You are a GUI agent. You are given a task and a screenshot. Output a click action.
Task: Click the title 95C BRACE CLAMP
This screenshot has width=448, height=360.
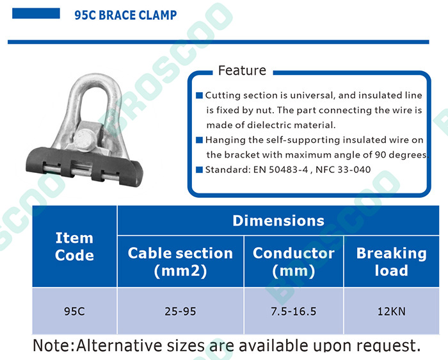click(125, 15)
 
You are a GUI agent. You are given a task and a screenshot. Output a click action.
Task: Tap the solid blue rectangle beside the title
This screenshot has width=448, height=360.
click(36, 13)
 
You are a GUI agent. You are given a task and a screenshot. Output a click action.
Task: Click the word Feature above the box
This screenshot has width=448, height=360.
click(242, 70)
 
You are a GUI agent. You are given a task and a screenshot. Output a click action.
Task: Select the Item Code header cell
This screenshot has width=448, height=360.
click(74, 246)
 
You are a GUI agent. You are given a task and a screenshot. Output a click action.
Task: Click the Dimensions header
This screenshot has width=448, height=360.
click(278, 220)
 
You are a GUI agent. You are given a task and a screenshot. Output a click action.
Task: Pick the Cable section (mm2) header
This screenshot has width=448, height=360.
click(180, 261)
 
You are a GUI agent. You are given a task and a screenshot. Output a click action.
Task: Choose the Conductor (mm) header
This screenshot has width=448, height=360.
click(293, 261)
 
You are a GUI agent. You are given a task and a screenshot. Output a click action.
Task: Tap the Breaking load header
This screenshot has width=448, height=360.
click(392, 261)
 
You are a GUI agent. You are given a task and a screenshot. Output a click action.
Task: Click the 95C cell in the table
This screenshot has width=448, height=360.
click(74, 311)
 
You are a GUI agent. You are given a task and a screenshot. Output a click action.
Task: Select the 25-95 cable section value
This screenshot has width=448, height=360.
click(180, 311)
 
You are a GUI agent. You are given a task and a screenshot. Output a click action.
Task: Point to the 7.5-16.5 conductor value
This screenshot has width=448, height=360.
click(293, 311)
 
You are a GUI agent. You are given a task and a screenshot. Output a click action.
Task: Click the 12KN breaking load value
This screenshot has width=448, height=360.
click(392, 311)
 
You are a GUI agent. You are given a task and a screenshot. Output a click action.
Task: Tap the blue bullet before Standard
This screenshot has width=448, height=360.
click(199, 170)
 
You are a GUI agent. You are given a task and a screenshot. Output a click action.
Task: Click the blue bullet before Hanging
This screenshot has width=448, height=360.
click(199, 140)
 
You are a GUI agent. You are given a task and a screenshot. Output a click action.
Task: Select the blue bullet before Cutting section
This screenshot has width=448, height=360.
click(199, 95)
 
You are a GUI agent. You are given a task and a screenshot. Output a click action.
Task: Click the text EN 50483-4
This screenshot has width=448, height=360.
click(280, 170)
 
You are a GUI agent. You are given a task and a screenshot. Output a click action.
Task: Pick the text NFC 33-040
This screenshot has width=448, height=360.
click(343, 170)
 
